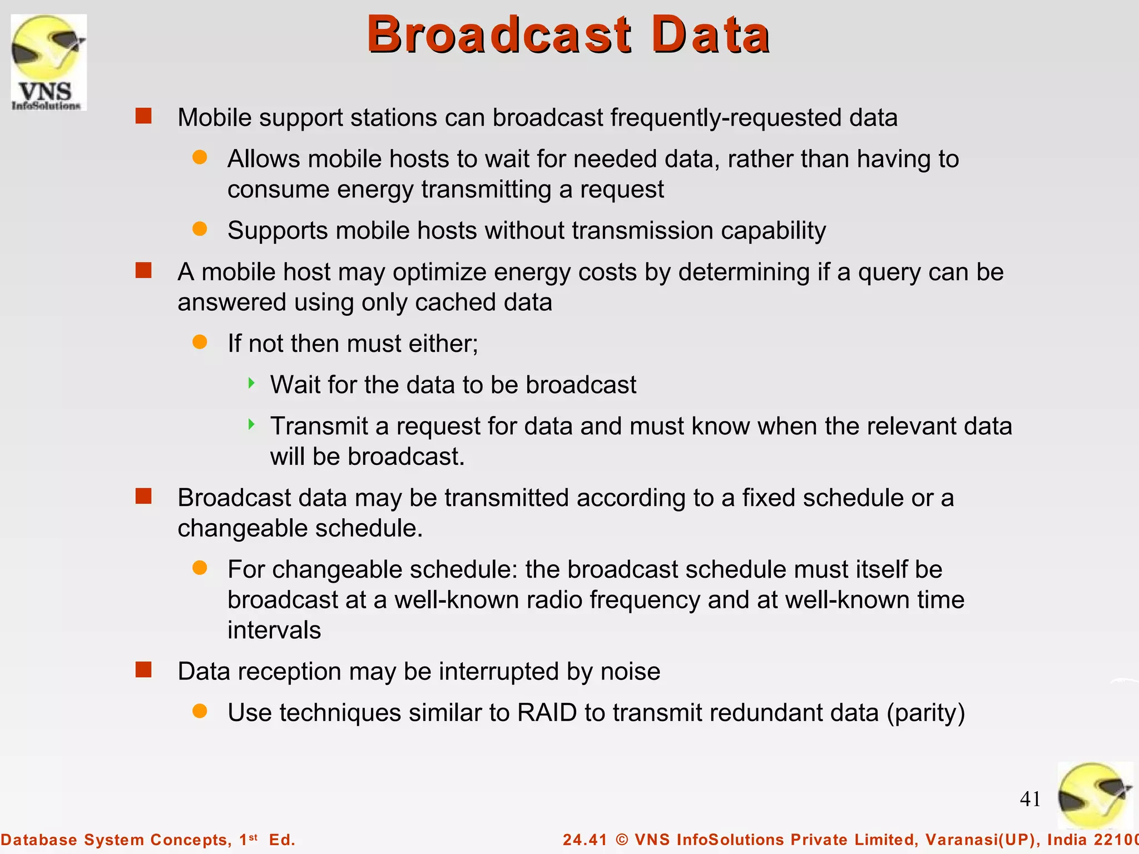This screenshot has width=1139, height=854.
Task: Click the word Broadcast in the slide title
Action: coord(499,34)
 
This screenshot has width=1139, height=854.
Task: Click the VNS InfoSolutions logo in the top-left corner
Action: coord(48,62)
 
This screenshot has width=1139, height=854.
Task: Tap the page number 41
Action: coord(1030,799)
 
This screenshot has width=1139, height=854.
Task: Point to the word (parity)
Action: coord(925,713)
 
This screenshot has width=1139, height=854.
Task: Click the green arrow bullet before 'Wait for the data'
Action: coord(251,383)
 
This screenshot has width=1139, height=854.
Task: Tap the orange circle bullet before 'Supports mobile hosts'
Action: coord(200,229)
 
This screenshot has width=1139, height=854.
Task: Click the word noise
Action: coord(630,672)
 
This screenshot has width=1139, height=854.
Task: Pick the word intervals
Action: coord(274,630)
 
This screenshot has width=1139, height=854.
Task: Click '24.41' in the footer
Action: coord(585,840)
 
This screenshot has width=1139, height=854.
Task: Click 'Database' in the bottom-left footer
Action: coord(39,840)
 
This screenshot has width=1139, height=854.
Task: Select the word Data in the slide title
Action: coord(710,34)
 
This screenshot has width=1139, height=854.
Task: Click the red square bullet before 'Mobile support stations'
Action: coord(143,116)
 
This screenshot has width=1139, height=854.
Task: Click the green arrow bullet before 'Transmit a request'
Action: coord(251,425)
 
